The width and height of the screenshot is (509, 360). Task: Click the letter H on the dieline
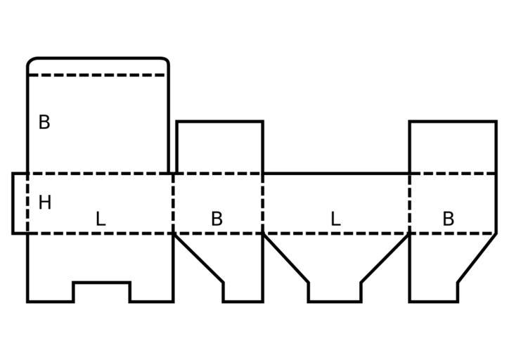pyautogui.click(x=45, y=203)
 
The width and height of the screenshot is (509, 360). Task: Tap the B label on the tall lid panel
pyautogui.click(x=44, y=122)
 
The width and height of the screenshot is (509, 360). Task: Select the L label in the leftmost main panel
pyautogui.click(x=101, y=219)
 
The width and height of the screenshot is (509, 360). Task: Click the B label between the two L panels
pyautogui.click(x=217, y=219)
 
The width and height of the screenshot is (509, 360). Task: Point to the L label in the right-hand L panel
pyautogui.click(x=335, y=219)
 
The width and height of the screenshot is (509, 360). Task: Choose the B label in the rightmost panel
pyautogui.click(x=448, y=219)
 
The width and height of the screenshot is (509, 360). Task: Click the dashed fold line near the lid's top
pyautogui.click(x=97, y=75)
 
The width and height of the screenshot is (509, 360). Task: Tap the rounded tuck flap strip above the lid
pyautogui.click(x=97, y=66)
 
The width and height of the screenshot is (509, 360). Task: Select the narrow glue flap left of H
pyautogui.click(x=20, y=202)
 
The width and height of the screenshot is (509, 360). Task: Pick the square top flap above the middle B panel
pyautogui.click(x=219, y=146)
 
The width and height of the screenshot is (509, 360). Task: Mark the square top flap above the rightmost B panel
pyautogui.click(x=453, y=146)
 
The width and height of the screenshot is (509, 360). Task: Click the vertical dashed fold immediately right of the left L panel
pyautogui.click(x=173, y=202)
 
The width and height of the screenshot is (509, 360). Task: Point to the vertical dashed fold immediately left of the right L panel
pyautogui.click(x=263, y=202)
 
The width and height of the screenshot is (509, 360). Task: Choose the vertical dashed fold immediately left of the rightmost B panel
pyautogui.click(x=409, y=202)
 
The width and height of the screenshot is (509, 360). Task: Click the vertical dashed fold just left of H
pyautogui.click(x=27, y=202)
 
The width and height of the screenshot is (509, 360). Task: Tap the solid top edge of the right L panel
pyautogui.click(x=336, y=173)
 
